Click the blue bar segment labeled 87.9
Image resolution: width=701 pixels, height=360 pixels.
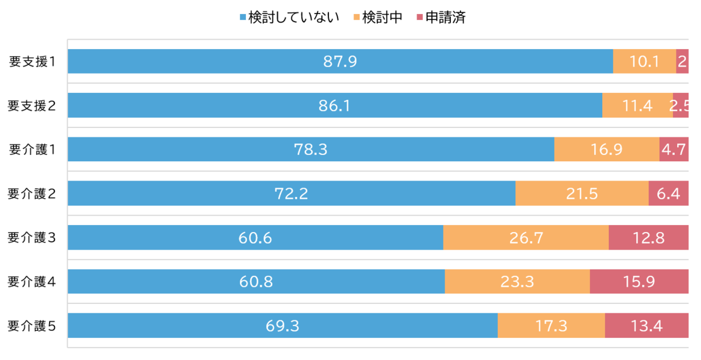coord(340,61)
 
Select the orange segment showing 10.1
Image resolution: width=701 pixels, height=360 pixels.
coord(644,61)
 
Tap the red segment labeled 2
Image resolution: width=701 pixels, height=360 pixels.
coord(682,61)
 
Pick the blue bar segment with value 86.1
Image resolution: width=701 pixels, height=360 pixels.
coord(335,105)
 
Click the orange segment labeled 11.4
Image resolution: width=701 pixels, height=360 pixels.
coord(637,105)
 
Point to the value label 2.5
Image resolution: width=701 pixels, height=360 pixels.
coord(681,106)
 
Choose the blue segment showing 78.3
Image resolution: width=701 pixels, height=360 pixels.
coord(311,150)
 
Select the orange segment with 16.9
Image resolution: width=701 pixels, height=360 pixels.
coord(606,150)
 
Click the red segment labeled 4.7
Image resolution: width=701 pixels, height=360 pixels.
coord(674,150)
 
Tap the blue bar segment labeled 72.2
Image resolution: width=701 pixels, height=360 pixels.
coord(291,193)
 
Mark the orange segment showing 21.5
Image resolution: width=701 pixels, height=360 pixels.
coord(582,193)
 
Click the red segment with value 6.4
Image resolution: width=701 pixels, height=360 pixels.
coord(669,193)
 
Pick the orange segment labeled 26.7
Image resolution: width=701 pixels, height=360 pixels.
coord(526,237)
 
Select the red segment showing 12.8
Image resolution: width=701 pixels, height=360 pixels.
coord(648,237)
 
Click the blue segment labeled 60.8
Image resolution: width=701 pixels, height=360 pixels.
coord(256,282)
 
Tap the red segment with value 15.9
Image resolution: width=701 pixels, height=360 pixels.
coord(639,282)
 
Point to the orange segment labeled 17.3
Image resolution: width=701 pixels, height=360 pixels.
coord(551,326)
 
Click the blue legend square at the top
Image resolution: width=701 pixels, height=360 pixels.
coord(242,17)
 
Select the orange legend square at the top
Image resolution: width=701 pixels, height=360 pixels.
coord(356,17)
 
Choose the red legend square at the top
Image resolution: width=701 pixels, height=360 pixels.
coord(419,17)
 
